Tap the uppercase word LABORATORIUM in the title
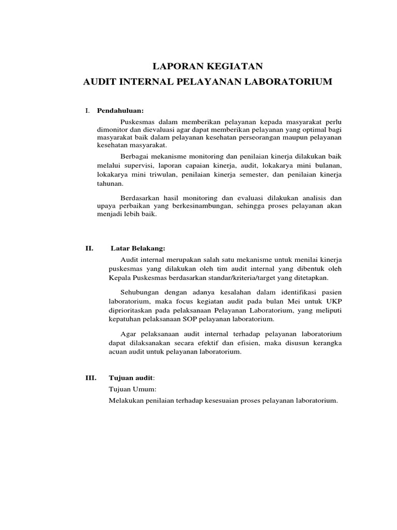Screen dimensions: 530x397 pyautogui.click(x=287, y=82)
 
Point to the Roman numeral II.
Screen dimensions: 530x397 pyautogui.click(x=89, y=248)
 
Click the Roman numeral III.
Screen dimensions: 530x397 pyautogui.click(x=90, y=378)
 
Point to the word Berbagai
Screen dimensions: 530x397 pyautogui.click(x=135, y=156)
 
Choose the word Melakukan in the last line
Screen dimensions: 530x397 pyautogui.click(x=127, y=401)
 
